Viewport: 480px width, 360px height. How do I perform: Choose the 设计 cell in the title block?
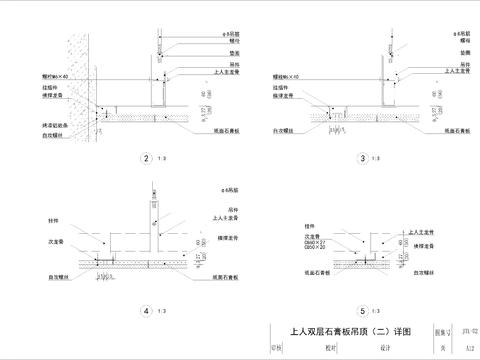[x=383, y=349]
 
